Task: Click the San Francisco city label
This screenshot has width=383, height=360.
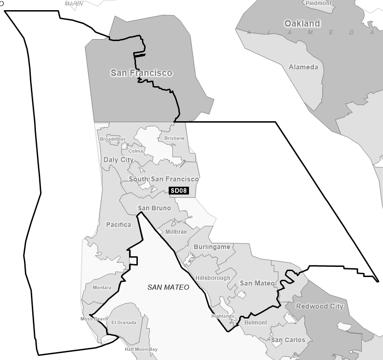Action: [141, 73]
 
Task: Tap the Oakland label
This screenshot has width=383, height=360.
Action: [302, 24]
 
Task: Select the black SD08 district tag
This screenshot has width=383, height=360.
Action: [179, 190]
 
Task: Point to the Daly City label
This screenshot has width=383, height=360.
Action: [118, 160]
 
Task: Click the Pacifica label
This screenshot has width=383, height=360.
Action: [118, 225]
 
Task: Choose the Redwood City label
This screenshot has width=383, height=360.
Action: [319, 306]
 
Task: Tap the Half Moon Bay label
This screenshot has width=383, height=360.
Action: [141, 349]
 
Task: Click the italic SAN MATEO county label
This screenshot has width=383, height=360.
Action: [168, 287]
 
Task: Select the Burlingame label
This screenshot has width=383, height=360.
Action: [212, 247]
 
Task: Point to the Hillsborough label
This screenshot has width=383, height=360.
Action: [212, 278]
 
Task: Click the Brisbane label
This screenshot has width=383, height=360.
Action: [174, 138]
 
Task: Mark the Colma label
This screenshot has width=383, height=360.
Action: [136, 151]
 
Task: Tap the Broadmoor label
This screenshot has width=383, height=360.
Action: [112, 139]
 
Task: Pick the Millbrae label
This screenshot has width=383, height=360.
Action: [176, 232]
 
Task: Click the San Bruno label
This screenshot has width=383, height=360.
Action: [154, 208]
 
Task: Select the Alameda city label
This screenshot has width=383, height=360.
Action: [303, 67]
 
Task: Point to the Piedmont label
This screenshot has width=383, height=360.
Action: [318, 3]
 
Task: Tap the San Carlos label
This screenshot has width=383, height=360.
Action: [288, 340]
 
